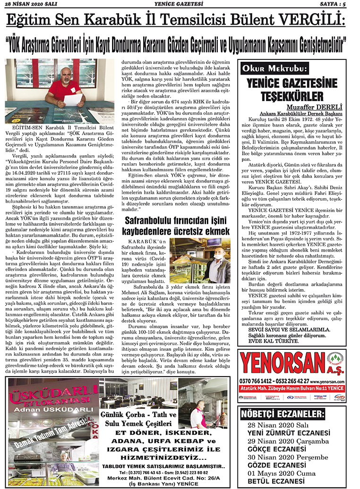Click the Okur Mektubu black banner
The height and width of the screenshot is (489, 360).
(274, 69)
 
